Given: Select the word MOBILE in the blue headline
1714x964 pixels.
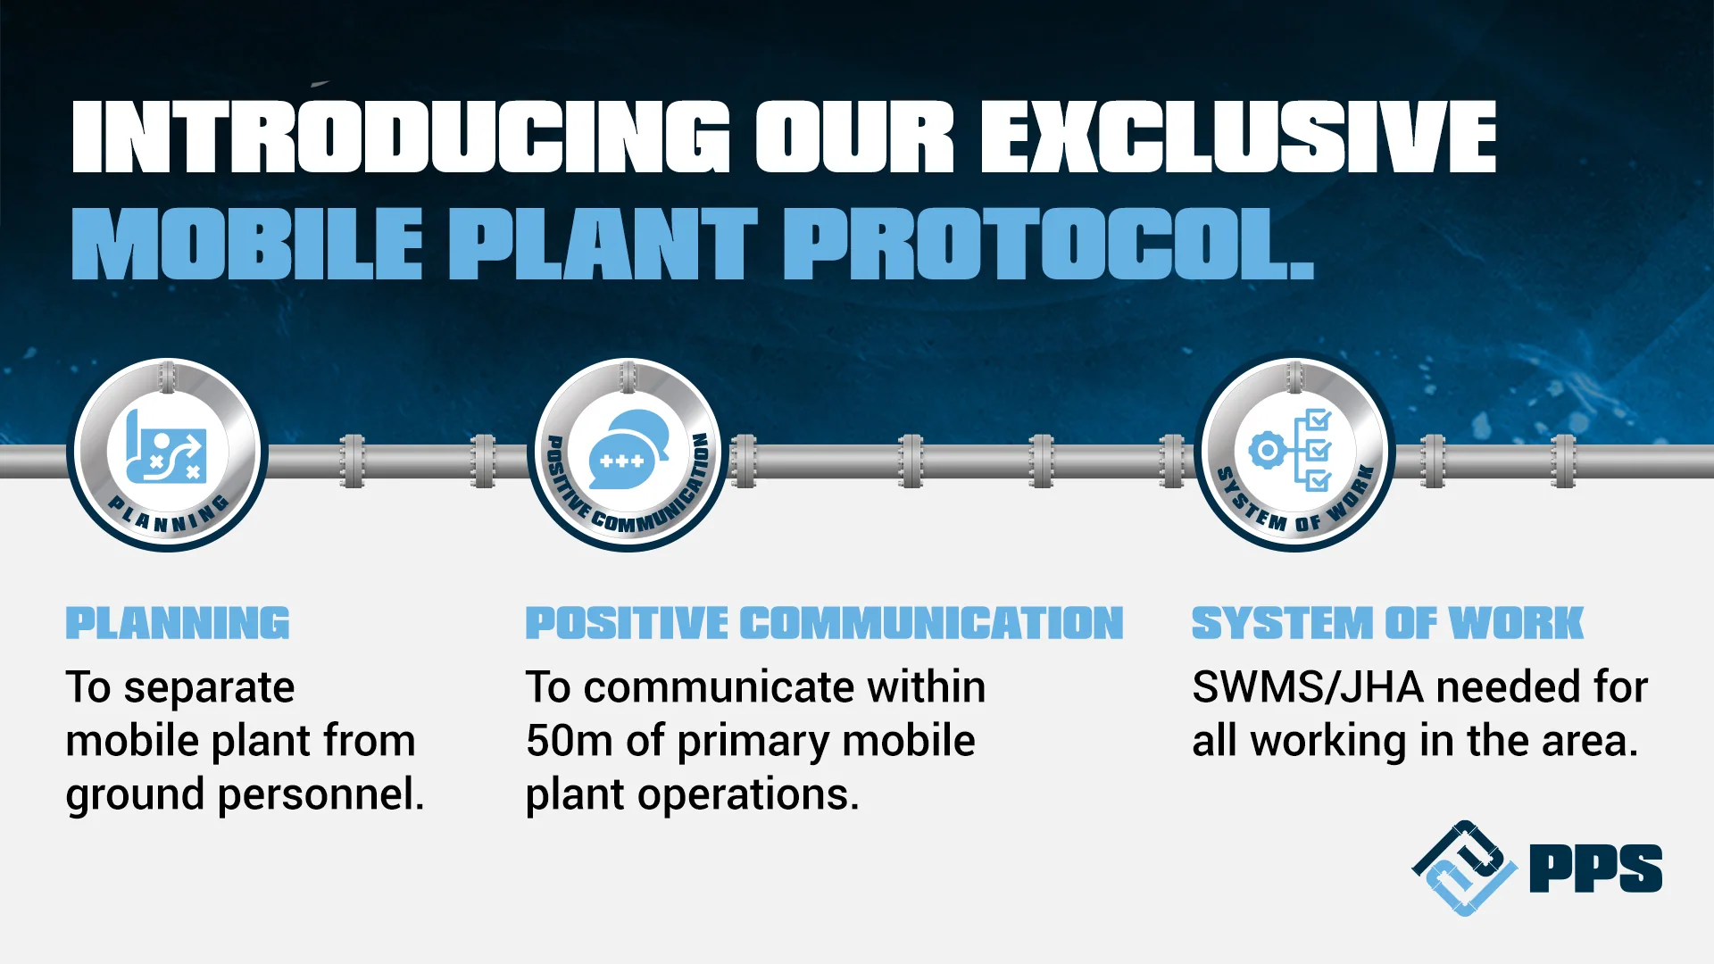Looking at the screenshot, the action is (x=246, y=244).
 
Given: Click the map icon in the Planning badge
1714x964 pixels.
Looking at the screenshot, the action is (x=167, y=445).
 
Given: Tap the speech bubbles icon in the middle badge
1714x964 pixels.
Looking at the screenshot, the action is (x=628, y=449).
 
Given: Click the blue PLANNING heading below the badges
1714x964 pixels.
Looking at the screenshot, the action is (x=178, y=623).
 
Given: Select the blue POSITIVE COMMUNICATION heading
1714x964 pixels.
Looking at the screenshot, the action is (x=824, y=623).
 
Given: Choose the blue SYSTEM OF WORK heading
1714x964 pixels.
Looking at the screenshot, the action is (x=1387, y=623).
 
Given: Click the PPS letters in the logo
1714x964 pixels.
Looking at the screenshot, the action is (x=1595, y=868).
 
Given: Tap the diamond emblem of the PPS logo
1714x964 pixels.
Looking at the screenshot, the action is (x=1464, y=868).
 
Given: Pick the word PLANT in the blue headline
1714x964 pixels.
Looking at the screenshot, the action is (x=603, y=244).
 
